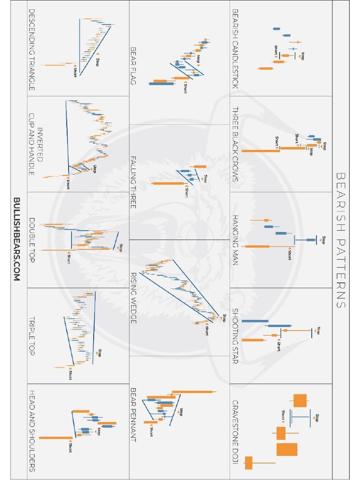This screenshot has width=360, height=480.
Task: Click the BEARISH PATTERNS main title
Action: click(341, 240)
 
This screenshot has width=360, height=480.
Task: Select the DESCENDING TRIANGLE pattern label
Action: click(31, 49)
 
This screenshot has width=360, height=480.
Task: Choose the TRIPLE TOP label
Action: click(31, 336)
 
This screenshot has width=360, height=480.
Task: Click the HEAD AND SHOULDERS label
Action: click(31, 430)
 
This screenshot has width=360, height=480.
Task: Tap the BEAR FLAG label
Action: click(133, 65)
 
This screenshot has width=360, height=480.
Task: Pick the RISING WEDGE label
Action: click(133, 298)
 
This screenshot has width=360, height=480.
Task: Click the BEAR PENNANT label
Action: click(133, 414)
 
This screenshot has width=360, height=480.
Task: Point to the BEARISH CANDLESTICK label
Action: click(235, 49)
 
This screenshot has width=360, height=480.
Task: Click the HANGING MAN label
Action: click(235, 240)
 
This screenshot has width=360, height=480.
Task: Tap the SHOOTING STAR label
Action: click(235, 336)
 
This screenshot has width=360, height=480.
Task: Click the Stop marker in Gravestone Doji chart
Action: click(317, 417)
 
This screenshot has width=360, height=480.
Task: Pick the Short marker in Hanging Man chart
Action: click(289, 255)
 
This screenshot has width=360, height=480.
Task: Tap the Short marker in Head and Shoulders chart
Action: click(70, 448)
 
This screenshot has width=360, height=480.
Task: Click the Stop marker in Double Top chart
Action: click(120, 247)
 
